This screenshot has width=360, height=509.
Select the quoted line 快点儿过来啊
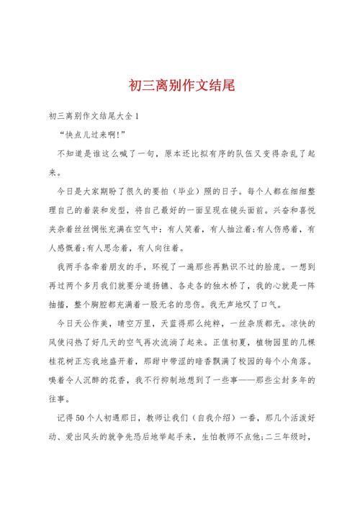(x=94, y=135)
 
